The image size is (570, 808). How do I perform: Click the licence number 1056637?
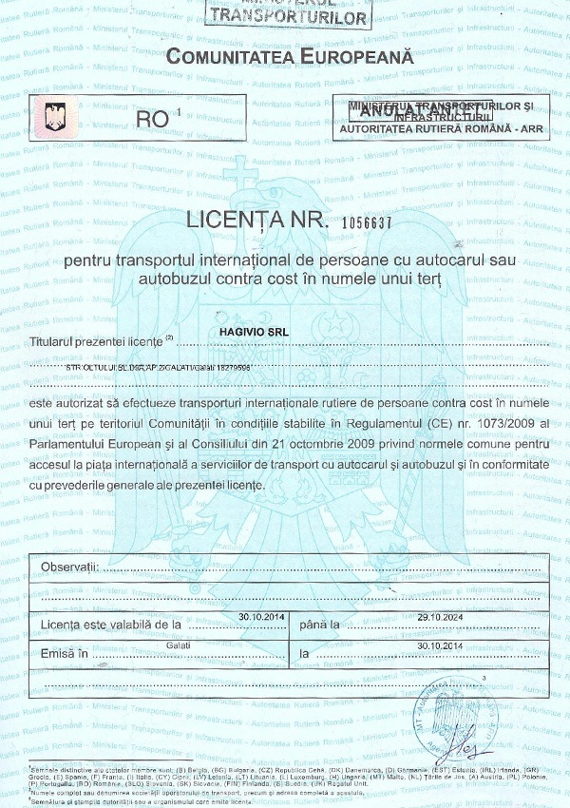[x=358, y=222]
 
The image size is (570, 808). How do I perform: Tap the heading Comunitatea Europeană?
[x=290, y=57]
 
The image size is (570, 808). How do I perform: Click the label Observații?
[x=70, y=568]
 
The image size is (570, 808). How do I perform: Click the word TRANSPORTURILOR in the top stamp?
[x=288, y=15]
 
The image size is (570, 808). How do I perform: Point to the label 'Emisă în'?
[x=64, y=653]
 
